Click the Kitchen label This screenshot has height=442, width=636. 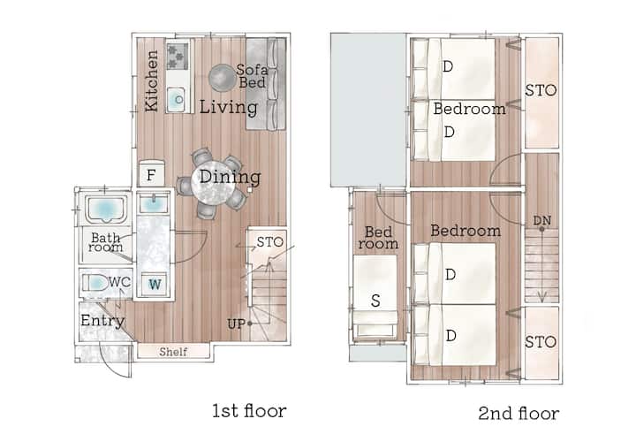(152, 80)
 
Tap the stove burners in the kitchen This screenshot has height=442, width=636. (178, 56)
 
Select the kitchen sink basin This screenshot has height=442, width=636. (178, 99)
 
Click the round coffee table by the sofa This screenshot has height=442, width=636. (223, 78)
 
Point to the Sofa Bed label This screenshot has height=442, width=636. (252, 76)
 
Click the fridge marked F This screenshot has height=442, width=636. (152, 174)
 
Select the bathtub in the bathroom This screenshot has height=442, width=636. (105, 209)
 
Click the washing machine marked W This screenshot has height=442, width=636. (155, 284)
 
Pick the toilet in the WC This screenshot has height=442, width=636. (95, 283)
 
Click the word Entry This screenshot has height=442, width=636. (102, 321)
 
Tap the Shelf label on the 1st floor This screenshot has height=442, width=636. (173, 352)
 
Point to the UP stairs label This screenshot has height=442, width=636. (237, 324)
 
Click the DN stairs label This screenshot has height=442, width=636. (541, 220)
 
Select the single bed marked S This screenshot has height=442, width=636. (375, 297)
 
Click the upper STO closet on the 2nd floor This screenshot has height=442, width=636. (542, 93)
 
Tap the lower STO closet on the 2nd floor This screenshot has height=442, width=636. (542, 343)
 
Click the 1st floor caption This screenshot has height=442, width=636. (249, 411)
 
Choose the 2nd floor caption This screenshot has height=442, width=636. (519, 413)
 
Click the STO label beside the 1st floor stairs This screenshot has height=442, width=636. (270, 242)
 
